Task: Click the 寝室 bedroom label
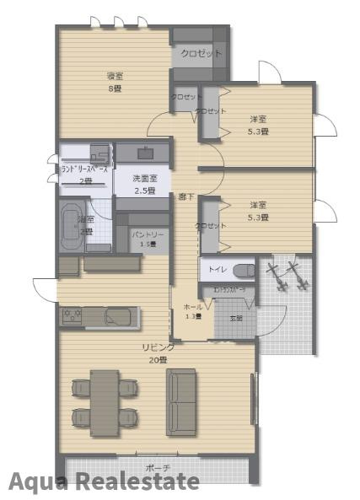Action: pos(116,75)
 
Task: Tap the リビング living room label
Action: pos(157,347)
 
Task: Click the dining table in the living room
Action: pos(105,402)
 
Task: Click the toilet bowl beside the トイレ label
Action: pos(243,271)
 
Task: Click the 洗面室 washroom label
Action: pos(148,179)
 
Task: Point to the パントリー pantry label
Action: pos(148,234)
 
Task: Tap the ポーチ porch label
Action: pos(157,468)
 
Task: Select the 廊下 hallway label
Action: pos(186,196)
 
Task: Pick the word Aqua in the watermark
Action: pos(39,481)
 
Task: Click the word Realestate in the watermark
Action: pos(138,481)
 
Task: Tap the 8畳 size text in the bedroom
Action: pos(116,87)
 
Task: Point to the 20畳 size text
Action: pos(157,359)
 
